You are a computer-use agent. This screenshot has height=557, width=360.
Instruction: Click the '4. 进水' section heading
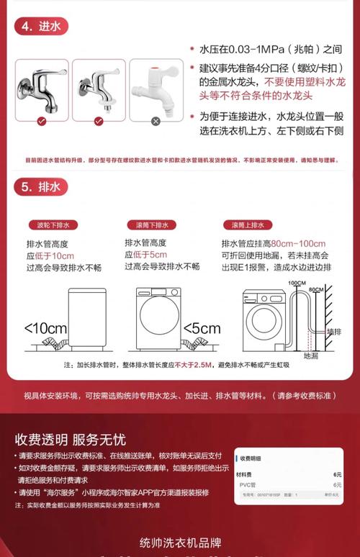coord(42,27)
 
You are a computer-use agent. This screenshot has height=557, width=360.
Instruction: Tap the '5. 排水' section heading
coord(42,188)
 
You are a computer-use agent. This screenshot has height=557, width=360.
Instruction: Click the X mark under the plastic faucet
coord(156,121)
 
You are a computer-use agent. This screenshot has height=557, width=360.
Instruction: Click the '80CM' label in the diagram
coord(315,289)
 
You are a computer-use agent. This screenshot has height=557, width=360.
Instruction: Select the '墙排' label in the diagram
coord(333,332)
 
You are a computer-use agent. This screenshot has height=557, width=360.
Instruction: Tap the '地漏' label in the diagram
coord(310,355)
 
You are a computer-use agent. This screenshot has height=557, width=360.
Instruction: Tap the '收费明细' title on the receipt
coord(251,458)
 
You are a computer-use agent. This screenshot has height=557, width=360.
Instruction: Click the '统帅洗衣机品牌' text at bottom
coord(179,543)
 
